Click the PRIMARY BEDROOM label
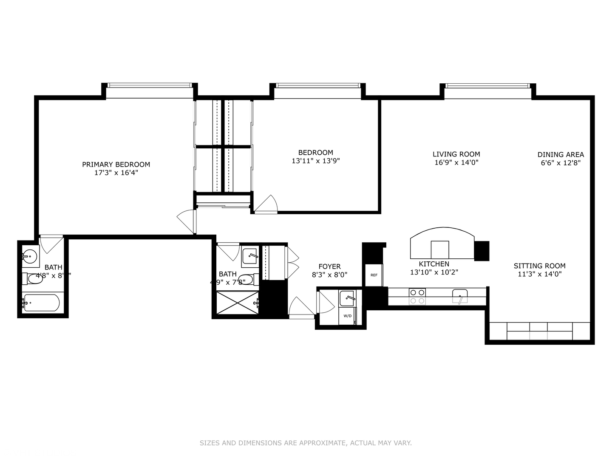116,164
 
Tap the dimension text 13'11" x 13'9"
315,161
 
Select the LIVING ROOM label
456,154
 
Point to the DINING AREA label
561,155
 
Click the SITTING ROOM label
539,266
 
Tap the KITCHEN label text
434,264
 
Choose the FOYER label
329,266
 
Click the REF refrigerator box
374,275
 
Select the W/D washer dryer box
347,316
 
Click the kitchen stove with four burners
417,296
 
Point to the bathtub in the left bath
42,303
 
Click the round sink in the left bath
30,256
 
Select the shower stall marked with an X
237,303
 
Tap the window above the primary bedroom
149,85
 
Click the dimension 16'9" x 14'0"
456,162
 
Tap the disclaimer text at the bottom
306,443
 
